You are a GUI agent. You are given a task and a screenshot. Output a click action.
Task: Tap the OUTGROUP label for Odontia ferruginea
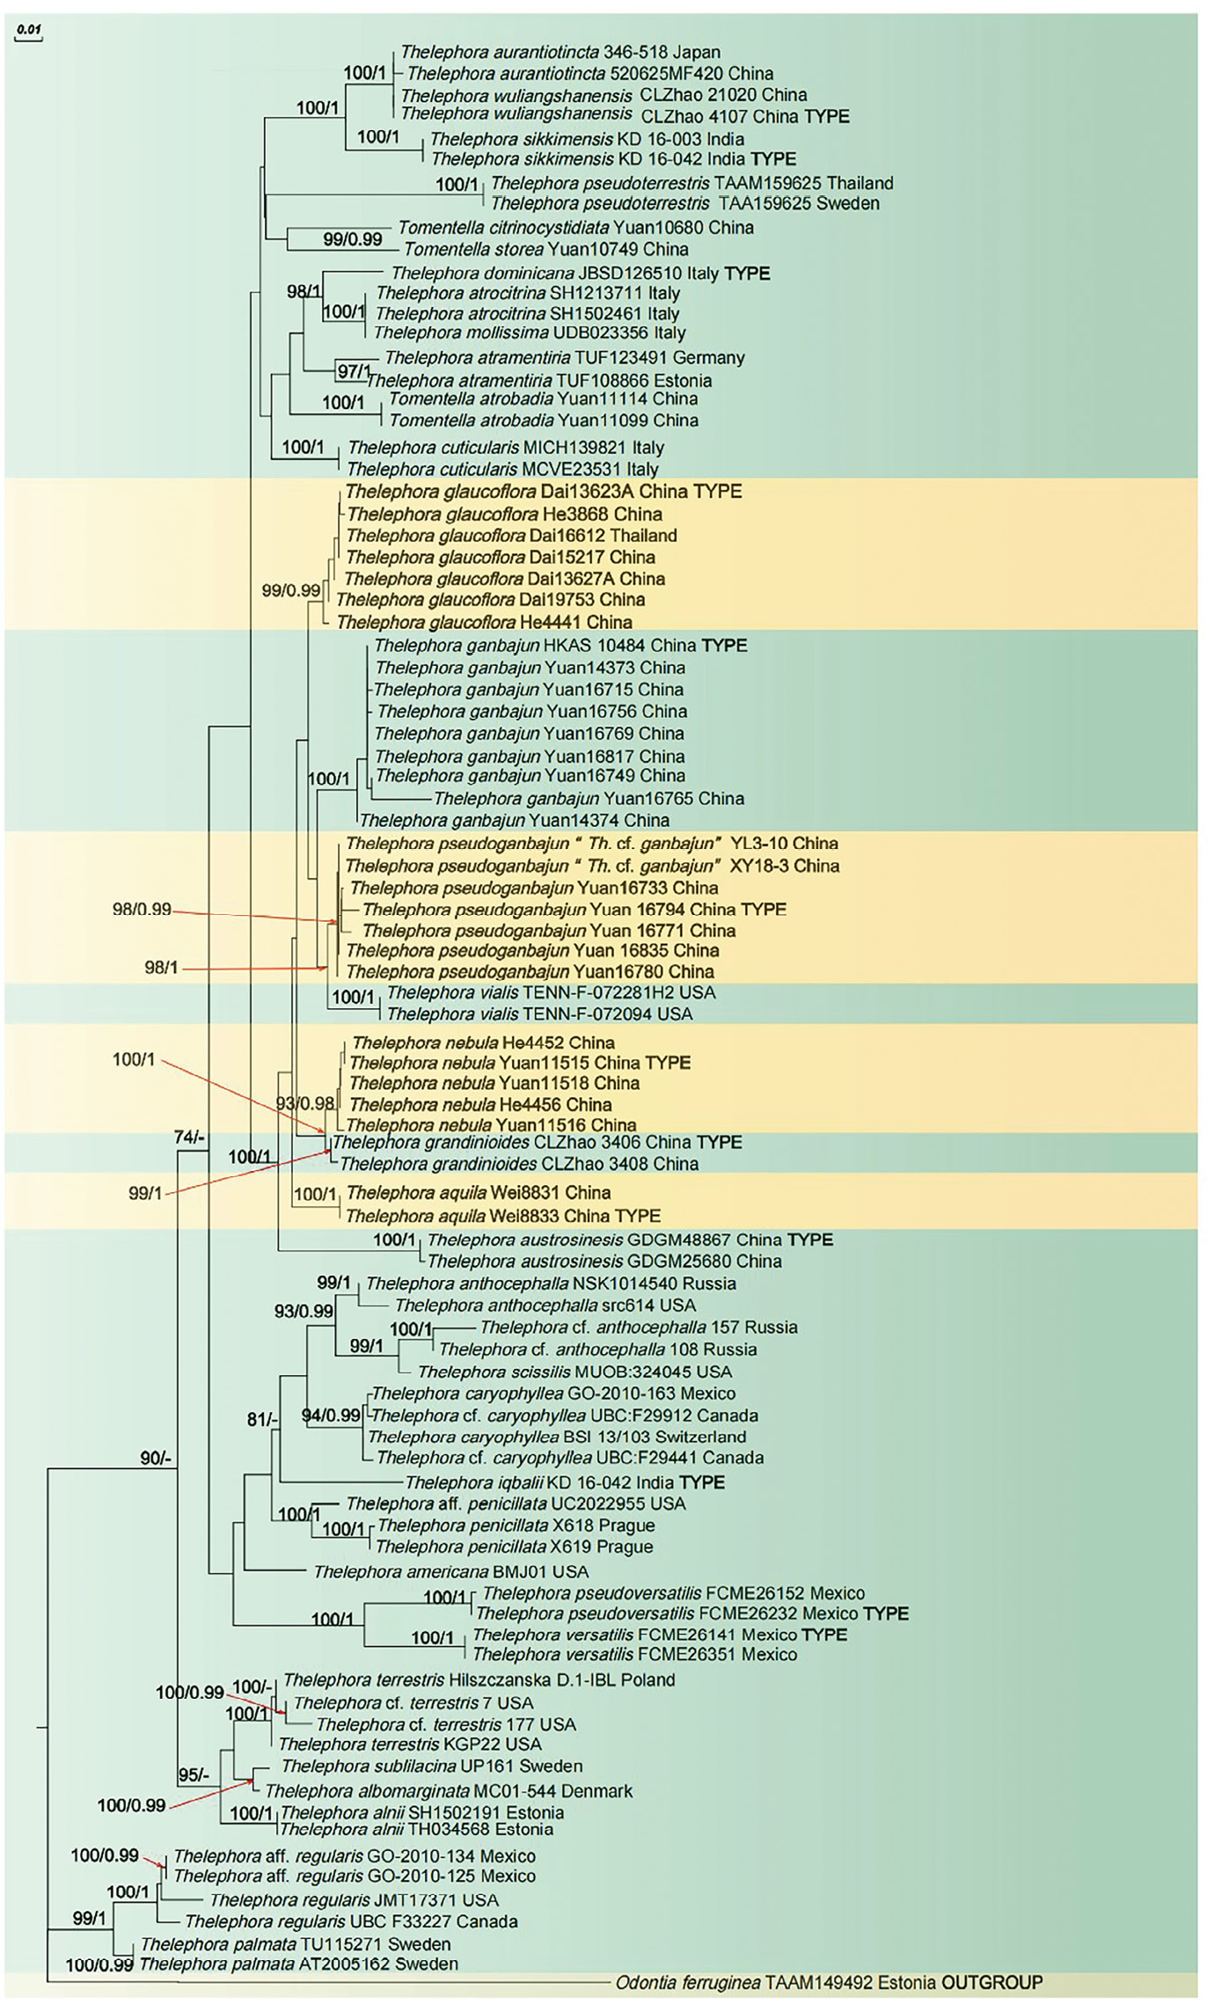pyautogui.click(x=991, y=1983)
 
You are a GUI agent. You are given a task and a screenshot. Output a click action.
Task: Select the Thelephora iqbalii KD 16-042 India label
pyautogui.click(x=564, y=1482)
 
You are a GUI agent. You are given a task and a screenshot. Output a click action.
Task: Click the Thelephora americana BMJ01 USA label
pyautogui.click(x=450, y=1571)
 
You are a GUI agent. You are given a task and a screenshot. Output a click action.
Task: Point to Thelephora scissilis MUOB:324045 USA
pyautogui.click(x=574, y=1372)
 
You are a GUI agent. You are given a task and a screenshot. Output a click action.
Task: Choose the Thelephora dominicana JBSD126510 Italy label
pyautogui.click(x=580, y=274)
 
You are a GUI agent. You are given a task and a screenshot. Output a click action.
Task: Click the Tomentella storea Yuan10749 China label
pyautogui.click(x=545, y=249)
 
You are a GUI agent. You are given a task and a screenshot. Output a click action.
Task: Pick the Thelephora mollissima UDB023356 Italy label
pyautogui.click(x=529, y=333)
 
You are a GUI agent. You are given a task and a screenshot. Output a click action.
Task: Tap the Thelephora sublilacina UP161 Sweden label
pyautogui.click(x=431, y=1766)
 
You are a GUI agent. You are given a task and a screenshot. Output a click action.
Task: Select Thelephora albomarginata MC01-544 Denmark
pyautogui.click(x=448, y=1790)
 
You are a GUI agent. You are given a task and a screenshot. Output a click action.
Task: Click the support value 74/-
pyautogui.click(x=189, y=1138)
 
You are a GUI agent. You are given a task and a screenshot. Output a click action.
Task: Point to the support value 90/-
pyautogui.click(x=156, y=1458)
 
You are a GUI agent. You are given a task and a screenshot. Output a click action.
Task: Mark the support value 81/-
pyautogui.click(x=262, y=1419)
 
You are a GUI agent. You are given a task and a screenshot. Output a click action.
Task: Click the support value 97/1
pyautogui.click(x=354, y=371)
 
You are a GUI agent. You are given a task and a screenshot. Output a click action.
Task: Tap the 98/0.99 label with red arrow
pyautogui.click(x=142, y=909)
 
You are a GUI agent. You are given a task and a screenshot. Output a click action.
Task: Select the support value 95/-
pyautogui.click(x=194, y=1775)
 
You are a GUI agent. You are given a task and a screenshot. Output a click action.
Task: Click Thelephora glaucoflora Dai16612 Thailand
pyautogui.click(x=511, y=536)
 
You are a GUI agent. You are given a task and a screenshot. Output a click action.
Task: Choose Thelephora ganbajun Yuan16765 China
pyautogui.click(x=588, y=799)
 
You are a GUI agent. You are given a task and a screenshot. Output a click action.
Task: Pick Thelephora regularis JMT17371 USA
pyautogui.click(x=354, y=1900)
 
